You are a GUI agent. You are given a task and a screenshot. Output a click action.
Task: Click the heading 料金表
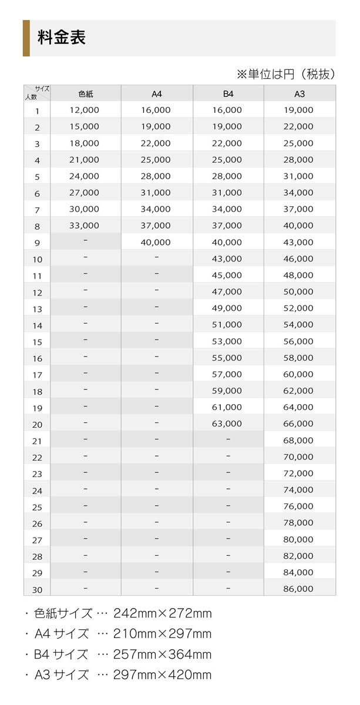62,38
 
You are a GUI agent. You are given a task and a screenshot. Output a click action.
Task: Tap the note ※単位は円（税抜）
285,74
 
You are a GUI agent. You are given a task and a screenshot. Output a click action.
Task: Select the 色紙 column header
86,94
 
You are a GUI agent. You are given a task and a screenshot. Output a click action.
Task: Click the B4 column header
228,94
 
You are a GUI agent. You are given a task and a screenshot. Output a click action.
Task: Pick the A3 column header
300,94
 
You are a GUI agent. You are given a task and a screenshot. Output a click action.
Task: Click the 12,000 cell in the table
84,110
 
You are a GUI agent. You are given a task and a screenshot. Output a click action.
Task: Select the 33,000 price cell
84,226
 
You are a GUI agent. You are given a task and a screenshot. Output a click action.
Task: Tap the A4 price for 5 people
156,176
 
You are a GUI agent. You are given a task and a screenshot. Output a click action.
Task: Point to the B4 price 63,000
227,424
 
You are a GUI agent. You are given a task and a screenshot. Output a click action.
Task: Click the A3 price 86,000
298,589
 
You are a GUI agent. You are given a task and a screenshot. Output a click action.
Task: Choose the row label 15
37,342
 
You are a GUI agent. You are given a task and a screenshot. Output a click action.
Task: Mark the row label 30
37,590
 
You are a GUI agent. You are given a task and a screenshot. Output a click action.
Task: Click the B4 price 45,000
227,275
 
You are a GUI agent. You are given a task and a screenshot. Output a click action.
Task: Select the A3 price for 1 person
298,110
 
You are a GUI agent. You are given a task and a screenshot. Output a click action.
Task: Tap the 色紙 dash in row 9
86,240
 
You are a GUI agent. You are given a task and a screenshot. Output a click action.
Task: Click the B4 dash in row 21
228,439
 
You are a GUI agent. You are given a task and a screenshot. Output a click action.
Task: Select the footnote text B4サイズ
61,654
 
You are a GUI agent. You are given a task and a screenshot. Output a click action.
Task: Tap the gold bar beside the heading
26,38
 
